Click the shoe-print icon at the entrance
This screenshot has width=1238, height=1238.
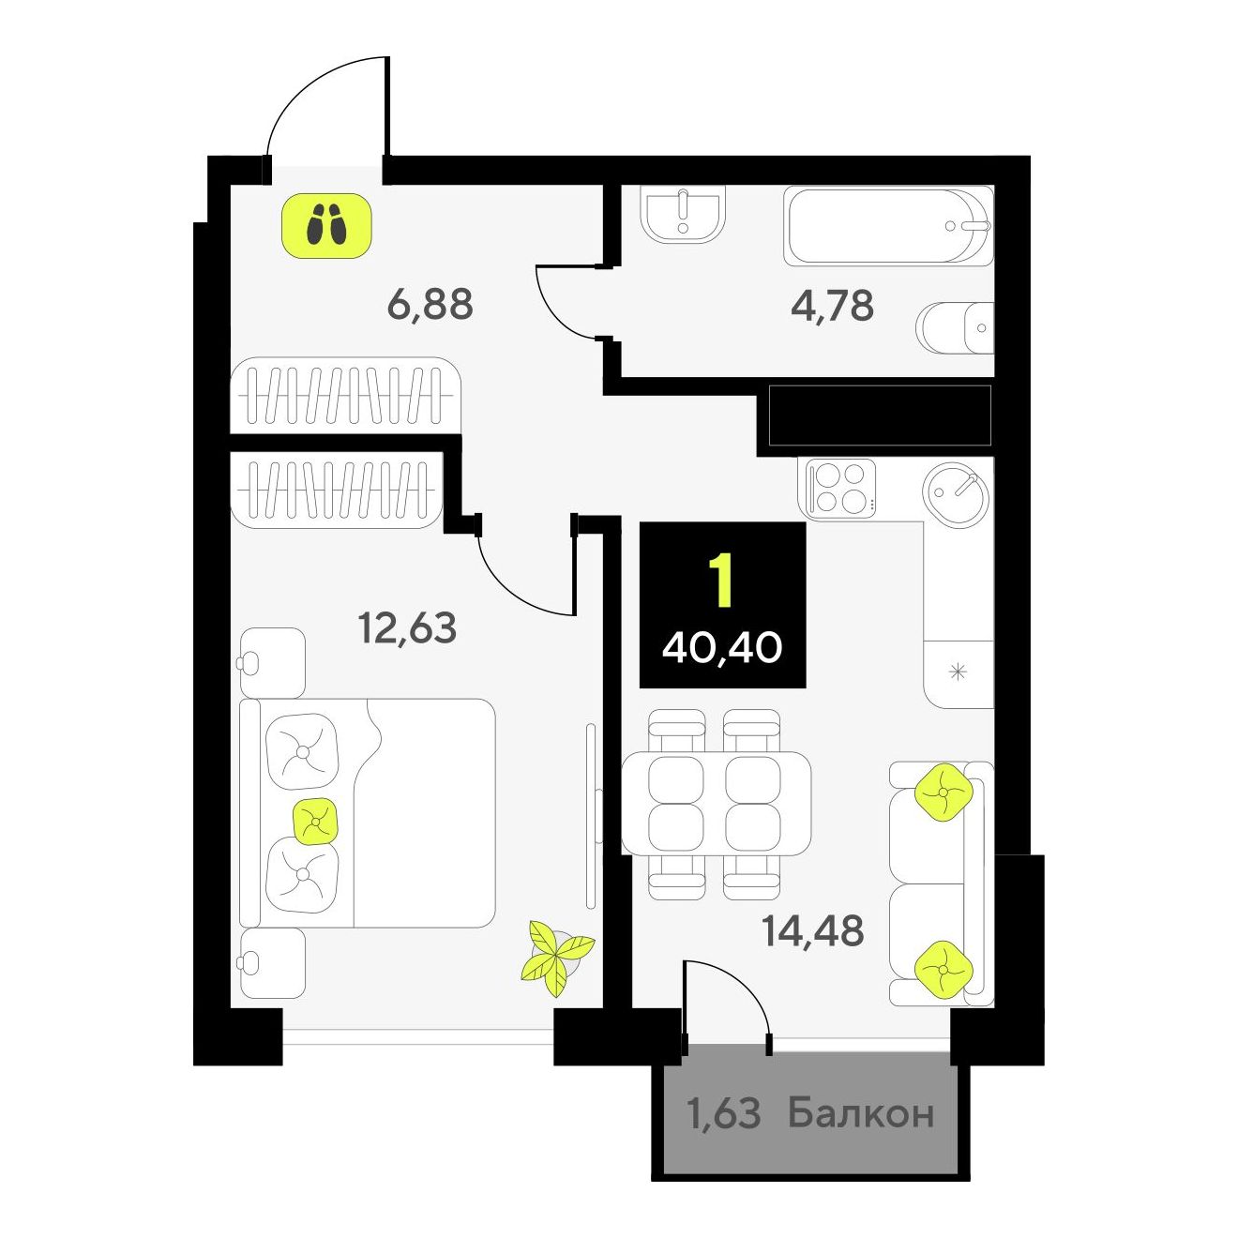[x=328, y=225]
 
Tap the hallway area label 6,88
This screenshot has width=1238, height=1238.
[x=430, y=305]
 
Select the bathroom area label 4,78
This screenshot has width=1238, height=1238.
[x=832, y=306]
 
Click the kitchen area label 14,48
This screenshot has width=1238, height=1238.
[x=813, y=931]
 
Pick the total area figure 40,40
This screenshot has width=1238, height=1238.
[x=722, y=648]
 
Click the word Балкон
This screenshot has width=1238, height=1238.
[x=861, y=1113]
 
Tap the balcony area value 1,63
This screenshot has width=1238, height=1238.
[x=723, y=1114]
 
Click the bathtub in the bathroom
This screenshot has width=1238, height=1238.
[x=888, y=225]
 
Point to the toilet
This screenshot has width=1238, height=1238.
[x=956, y=327]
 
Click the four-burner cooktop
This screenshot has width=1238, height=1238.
[x=838, y=489]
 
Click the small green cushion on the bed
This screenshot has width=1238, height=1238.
[x=315, y=821]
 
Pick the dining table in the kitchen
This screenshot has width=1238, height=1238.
[x=716, y=803]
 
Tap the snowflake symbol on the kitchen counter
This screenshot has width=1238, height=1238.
[x=959, y=672]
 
